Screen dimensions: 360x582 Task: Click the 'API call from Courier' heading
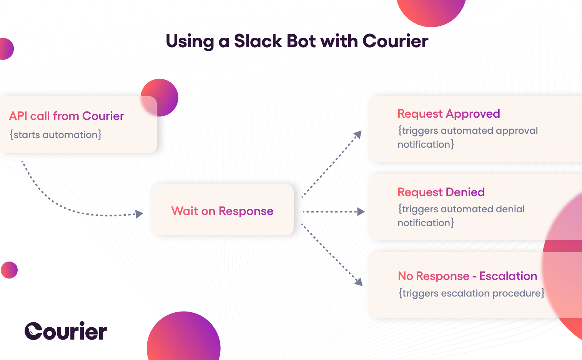click(x=67, y=116)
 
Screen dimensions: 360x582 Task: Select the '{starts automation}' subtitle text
click(x=56, y=135)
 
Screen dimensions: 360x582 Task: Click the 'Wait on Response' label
click(x=222, y=211)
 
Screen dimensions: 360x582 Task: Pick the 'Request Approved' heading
click(x=449, y=114)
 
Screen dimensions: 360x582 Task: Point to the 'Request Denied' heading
click(x=441, y=192)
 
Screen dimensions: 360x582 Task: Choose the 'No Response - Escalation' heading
click(x=467, y=276)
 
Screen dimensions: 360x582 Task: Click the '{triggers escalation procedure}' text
click(x=471, y=293)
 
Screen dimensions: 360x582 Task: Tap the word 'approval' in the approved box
click(x=517, y=131)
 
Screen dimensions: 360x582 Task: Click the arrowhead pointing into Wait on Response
click(x=139, y=214)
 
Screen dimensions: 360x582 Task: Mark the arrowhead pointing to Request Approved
click(x=358, y=134)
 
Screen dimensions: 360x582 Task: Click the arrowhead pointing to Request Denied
click(x=361, y=212)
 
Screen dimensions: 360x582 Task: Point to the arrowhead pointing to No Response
click(x=359, y=282)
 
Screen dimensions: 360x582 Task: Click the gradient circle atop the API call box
click(x=160, y=97)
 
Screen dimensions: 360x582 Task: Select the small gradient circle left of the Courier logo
click(x=9, y=270)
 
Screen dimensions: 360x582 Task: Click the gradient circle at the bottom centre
click(x=183, y=338)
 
